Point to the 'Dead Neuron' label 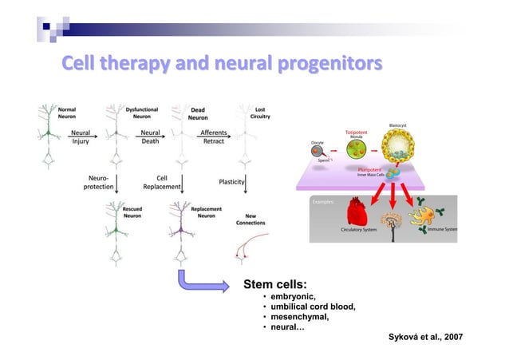click(197, 113)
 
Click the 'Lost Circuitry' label click(259, 113)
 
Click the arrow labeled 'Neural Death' click(152, 138)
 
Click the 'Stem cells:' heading click(276, 285)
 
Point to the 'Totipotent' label click(358, 132)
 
